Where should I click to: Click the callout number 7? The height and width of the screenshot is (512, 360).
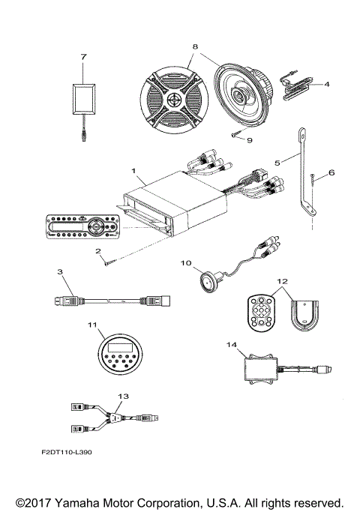click(x=84, y=56)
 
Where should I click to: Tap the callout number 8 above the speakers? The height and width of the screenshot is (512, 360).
click(x=196, y=47)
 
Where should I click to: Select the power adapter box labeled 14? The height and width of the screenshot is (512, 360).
click(x=260, y=368)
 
